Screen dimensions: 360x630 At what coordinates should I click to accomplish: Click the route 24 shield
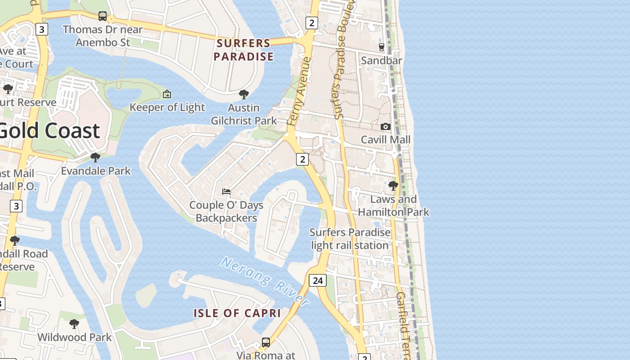click(318, 280)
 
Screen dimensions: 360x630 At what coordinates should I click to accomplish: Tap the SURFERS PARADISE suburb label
click(243, 50)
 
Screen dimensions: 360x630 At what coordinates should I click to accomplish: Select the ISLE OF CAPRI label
click(237, 313)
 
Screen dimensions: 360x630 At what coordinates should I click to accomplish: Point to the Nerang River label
click(265, 281)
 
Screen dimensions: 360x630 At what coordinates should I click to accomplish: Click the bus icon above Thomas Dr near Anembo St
click(103, 17)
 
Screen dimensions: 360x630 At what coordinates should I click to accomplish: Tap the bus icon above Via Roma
click(266, 342)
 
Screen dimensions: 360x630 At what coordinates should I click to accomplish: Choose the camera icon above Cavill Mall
click(385, 127)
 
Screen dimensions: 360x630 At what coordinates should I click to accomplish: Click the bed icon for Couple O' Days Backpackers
click(226, 192)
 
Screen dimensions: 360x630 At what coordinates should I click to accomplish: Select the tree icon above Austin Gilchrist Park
click(244, 94)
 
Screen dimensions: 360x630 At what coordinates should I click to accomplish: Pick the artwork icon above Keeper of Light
click(167, 94)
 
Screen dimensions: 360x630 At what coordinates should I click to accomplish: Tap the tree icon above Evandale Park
click(95, 157)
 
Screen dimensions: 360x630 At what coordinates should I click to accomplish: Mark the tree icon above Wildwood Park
click(74, 324)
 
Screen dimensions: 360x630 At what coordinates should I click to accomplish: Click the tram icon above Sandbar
click(382, 47)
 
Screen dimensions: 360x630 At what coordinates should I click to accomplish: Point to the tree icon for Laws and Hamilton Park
click(393, 185)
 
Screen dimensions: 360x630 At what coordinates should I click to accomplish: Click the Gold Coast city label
click(49, 130)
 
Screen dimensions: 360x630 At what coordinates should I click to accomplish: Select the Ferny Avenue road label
click(299, 91)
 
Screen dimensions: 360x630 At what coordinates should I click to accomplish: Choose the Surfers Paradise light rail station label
click(350, 239)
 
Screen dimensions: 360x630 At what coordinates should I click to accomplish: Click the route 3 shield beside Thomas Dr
click(42, 29)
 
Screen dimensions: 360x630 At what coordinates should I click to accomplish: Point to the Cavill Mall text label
click(386, 139)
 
